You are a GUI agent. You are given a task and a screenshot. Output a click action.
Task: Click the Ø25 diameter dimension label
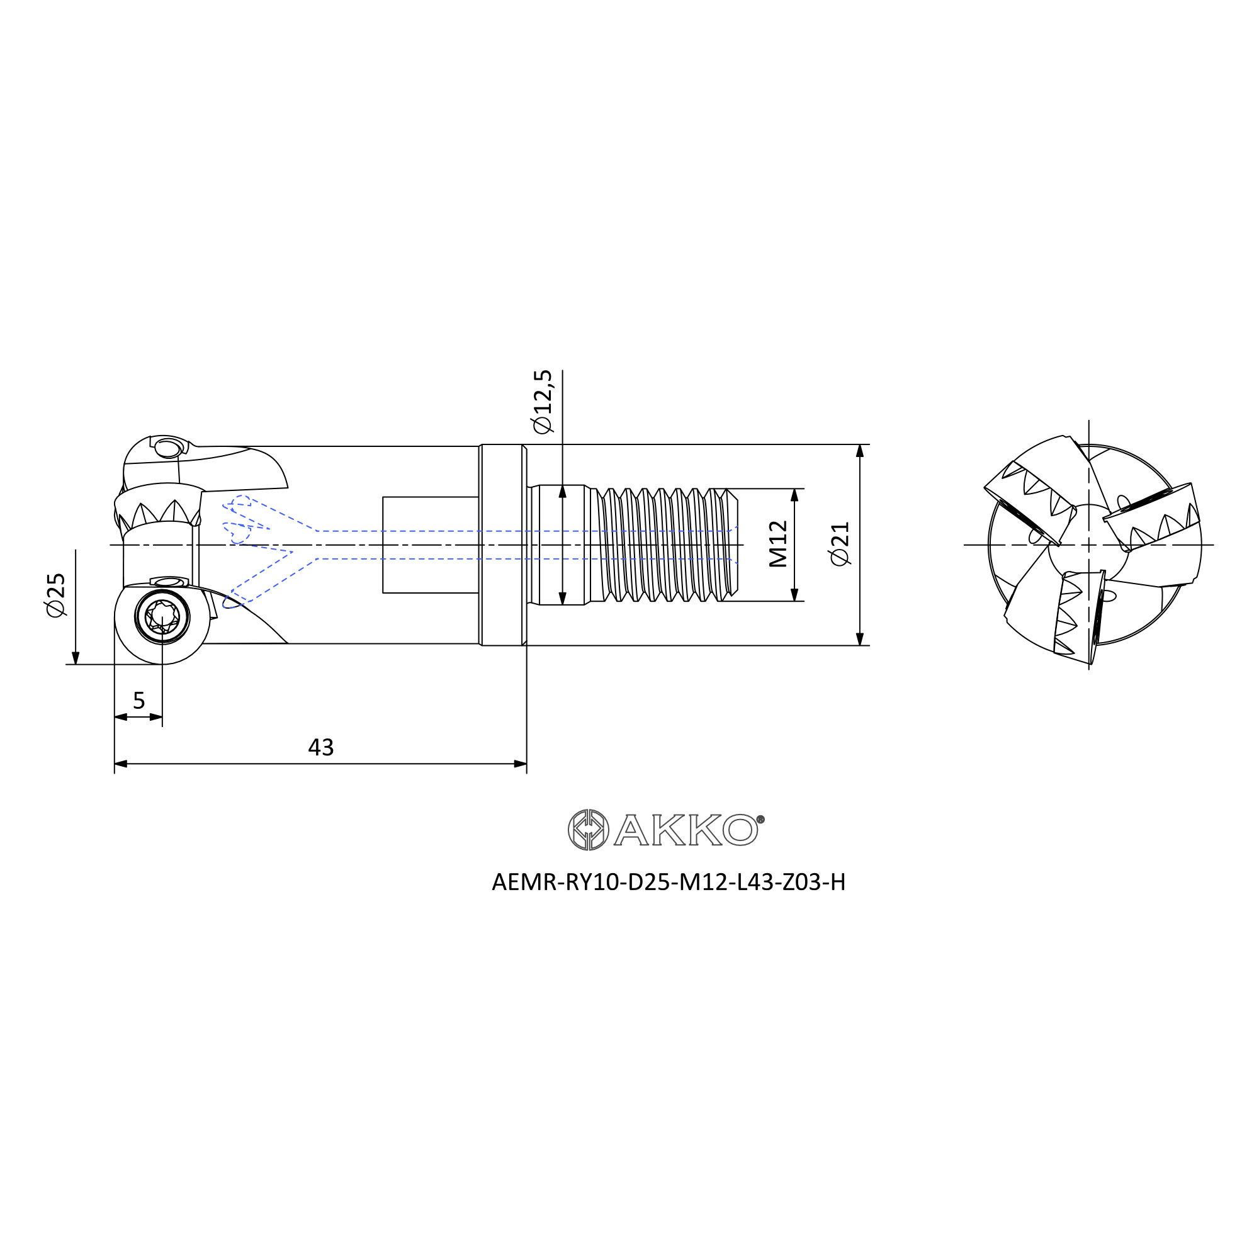coord(57,596)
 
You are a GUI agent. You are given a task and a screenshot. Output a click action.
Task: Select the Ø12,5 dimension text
coord(542,402)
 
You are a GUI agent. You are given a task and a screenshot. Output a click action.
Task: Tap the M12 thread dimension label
coord(778,544)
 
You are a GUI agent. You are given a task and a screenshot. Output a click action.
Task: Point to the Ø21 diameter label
coord(840,544)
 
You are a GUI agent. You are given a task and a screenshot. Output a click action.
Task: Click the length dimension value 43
coord(320,747)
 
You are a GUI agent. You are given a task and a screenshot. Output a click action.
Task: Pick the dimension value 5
coord(138,701)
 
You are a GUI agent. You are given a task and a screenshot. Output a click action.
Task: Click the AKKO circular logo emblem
coord(588,830)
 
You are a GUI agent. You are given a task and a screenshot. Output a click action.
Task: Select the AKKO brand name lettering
coord(686,830)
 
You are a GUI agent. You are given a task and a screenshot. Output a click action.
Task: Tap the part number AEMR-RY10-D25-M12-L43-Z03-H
coord(669,883)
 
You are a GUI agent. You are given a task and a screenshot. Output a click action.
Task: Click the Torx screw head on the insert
coord(162,616)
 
